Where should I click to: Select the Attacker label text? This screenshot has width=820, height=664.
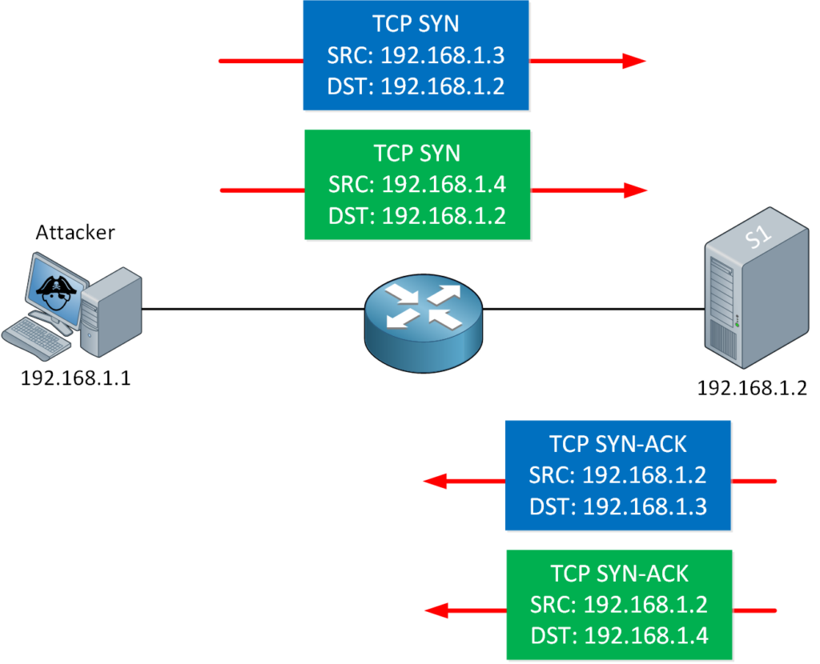click(x=75, y=233)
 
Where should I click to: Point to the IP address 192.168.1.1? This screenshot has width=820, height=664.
click(x=75, y=377)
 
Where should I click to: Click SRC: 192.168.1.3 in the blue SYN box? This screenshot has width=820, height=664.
click(x=416, y=55)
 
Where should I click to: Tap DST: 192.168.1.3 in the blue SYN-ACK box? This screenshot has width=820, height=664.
click(x=617, y=505)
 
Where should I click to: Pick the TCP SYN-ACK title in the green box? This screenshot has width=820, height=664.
click(x=619, y=574)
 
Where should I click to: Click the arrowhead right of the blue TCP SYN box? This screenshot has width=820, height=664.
click(x=634, y=61)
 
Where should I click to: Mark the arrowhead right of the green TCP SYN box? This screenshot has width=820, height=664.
click(x=635, y=190)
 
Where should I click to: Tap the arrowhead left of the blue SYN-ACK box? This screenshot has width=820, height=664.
click(x=436, y=481)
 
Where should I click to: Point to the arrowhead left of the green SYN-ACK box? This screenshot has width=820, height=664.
click(x=436, y=611)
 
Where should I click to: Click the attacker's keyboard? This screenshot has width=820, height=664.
click(x=37, y=336)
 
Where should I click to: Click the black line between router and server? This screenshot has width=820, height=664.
click(x=593, y=309)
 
